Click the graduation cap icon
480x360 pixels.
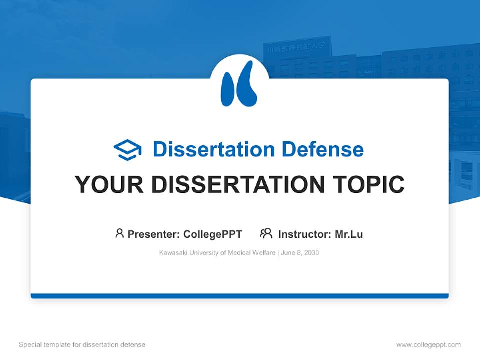(x=127, y=150)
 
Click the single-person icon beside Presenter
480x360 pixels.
(x=119, y=233)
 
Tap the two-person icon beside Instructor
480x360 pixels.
(x=266, y=233)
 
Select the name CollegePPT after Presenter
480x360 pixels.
(x=212, y=234)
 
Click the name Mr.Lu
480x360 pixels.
(x=349, y=234)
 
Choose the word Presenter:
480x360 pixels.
(x=154, y=234)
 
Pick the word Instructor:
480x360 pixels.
(x=304, y=234)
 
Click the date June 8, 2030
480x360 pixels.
(x=300, y=253)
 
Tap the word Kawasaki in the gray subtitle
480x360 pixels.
(x=173, y=253)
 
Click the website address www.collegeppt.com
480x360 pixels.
(x=428, y=345)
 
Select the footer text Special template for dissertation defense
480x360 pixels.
(x=82, y=345)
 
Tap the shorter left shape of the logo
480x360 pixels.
(x=228, y=90)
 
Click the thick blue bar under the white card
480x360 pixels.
(x=240, y=296)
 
